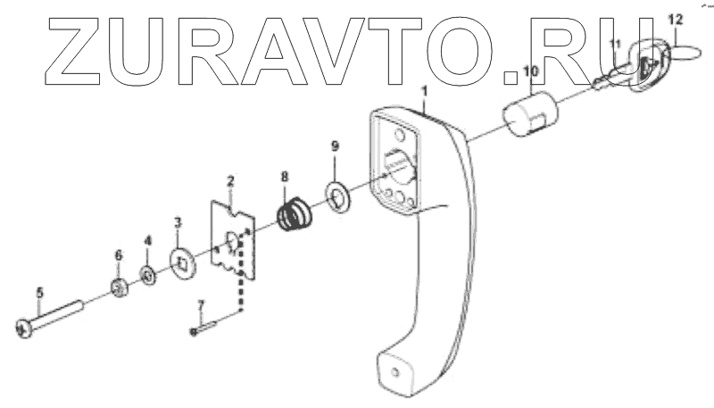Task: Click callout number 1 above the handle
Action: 425,91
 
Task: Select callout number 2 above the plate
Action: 230,182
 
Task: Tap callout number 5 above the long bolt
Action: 39,292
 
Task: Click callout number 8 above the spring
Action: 285,177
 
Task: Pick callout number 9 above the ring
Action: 335,146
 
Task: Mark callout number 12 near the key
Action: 675,18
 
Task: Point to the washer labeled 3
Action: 184,262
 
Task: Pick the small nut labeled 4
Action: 147,274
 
